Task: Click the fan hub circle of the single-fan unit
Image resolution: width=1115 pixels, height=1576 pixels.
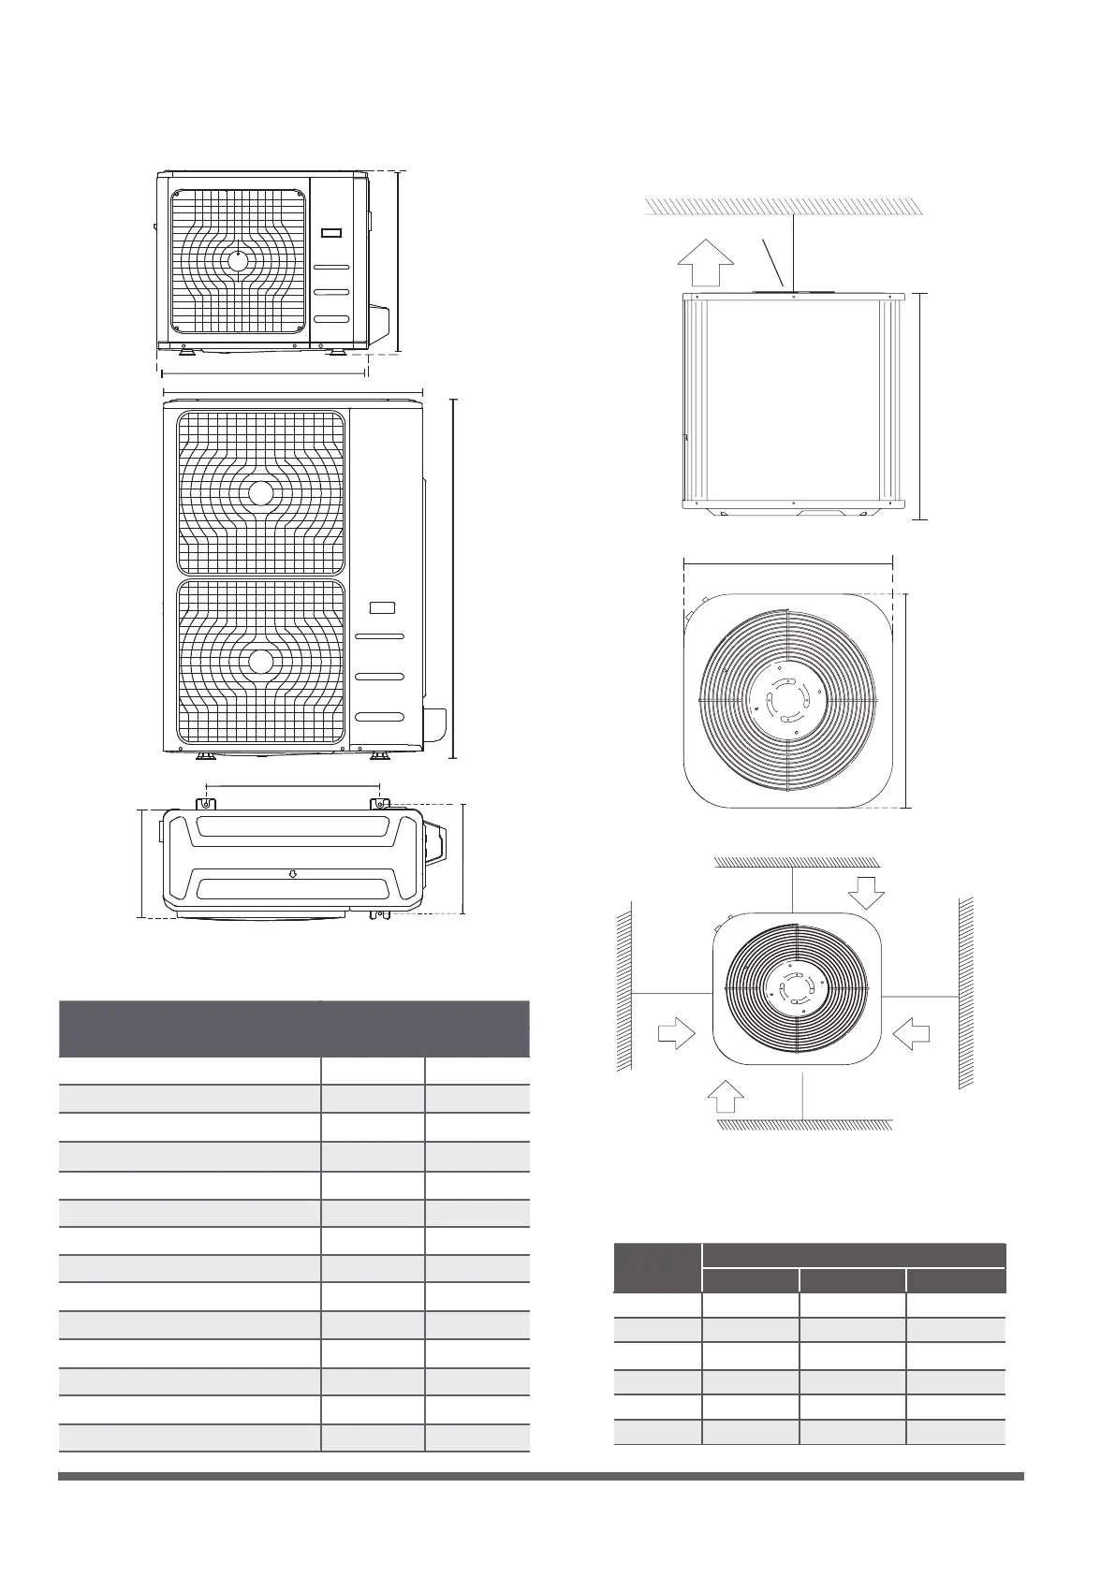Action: tap(239, 261)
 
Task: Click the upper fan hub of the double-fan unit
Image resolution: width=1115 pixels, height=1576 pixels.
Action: tap(261, 492)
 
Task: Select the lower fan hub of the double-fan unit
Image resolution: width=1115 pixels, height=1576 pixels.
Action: tap(261, 662)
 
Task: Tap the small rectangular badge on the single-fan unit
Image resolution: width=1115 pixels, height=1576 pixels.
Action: tap(331, 234)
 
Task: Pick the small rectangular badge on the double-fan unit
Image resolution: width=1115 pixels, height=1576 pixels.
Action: tap(382, 607)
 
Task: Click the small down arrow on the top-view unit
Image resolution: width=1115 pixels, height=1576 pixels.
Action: tap(293, 874)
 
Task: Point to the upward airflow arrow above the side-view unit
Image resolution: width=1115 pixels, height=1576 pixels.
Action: tap(703, 263)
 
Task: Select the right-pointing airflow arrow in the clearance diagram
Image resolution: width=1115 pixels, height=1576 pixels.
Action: tap(677, 1034)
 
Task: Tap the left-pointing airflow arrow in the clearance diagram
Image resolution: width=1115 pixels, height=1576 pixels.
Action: tap(911, 1034)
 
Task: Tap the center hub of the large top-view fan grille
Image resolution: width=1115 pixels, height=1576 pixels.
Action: tap(788, 698)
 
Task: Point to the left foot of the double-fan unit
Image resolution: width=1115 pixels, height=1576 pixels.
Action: tap(203, 754)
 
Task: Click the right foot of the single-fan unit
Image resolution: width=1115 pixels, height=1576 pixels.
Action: tap(336, 353)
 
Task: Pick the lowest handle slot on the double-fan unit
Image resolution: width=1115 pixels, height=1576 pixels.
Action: tap(380, 717)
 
